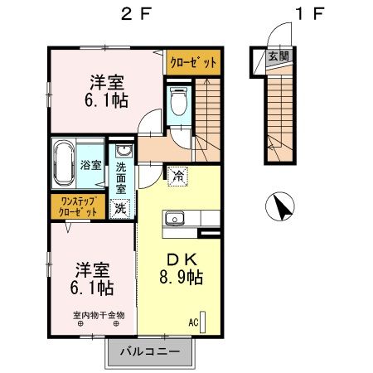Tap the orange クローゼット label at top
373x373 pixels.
click(x=193, y=63)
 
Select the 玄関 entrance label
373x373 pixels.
click(x=279, y=57)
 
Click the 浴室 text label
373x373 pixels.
click(x=90, y=164)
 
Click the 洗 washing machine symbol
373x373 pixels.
click(x=121, y=208)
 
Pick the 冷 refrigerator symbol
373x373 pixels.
click(x=177, y=175)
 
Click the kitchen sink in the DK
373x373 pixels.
click(x=175, y=219)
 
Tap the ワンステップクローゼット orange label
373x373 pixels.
click(x=79, y=206)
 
